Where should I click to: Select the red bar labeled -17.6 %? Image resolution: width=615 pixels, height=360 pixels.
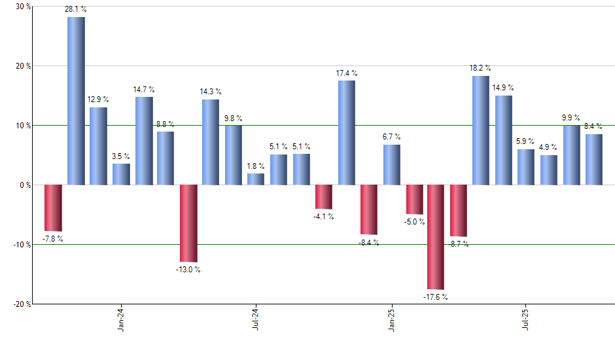[436, 237]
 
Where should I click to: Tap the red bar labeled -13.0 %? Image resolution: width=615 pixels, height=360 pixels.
[188, 223]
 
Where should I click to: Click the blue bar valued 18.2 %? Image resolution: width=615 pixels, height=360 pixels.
[480, 130]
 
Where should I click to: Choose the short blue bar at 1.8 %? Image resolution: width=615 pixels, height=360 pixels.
[256, 179]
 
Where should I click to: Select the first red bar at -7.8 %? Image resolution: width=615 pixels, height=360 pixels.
[53, 207]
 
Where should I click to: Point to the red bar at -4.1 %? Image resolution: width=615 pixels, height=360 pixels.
[324, 196]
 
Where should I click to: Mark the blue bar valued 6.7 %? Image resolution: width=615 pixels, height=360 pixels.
[391, 164]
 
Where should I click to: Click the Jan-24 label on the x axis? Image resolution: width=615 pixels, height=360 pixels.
[122, 320]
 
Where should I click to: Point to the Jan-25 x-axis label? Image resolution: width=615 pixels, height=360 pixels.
[391, 320]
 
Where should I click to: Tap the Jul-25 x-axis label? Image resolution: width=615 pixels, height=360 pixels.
[525, 320]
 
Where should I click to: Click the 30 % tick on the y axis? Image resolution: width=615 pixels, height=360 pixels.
[23, 7]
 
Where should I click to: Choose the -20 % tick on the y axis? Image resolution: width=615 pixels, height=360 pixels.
[22, 304]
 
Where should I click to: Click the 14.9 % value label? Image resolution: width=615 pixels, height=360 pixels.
[503, 88]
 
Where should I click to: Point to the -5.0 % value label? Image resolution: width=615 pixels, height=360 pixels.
[414, 222]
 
